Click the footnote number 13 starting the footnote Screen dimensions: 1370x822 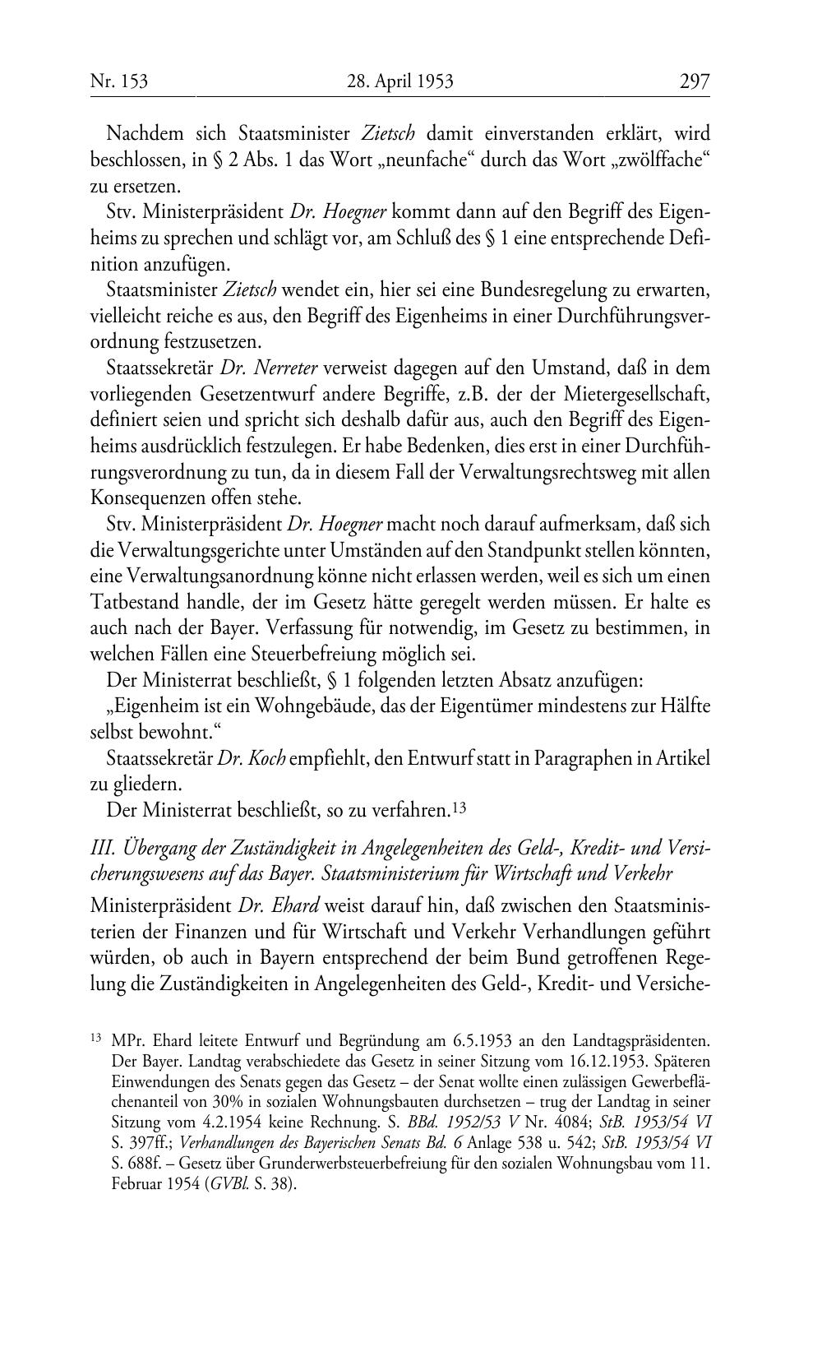pos(95,1039)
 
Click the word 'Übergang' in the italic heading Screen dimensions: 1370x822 pos(156,849)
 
